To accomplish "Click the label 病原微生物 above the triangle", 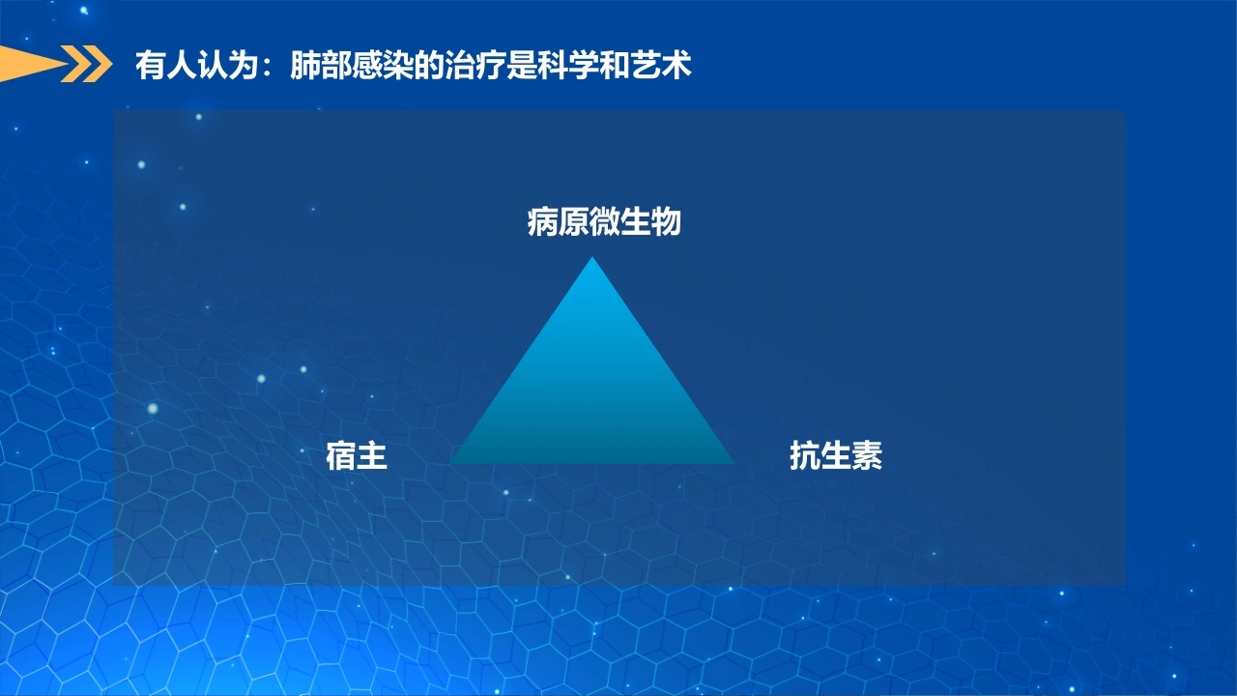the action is coord(604,222).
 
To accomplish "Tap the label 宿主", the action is coord(357,455).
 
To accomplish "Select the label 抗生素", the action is coord(836,455).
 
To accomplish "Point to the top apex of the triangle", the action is coord(592,257).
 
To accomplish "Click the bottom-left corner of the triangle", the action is coord(450,463).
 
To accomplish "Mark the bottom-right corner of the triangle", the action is coord(734,463).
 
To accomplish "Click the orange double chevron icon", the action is coord(86,64).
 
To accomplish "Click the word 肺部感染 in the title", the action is coord(352,65).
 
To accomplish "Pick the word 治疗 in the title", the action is coord(476,65).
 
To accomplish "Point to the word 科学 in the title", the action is coord(569,65).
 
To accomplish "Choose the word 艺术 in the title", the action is coord(661,65).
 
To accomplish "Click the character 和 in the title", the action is coord(616,65).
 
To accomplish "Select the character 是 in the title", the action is coord(523,65).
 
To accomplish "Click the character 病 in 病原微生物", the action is coord(543,222).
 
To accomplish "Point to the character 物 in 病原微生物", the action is coord(666,222).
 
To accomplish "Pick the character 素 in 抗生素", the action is coord(868,455).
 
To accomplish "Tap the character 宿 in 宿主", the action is coord(341,455).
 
